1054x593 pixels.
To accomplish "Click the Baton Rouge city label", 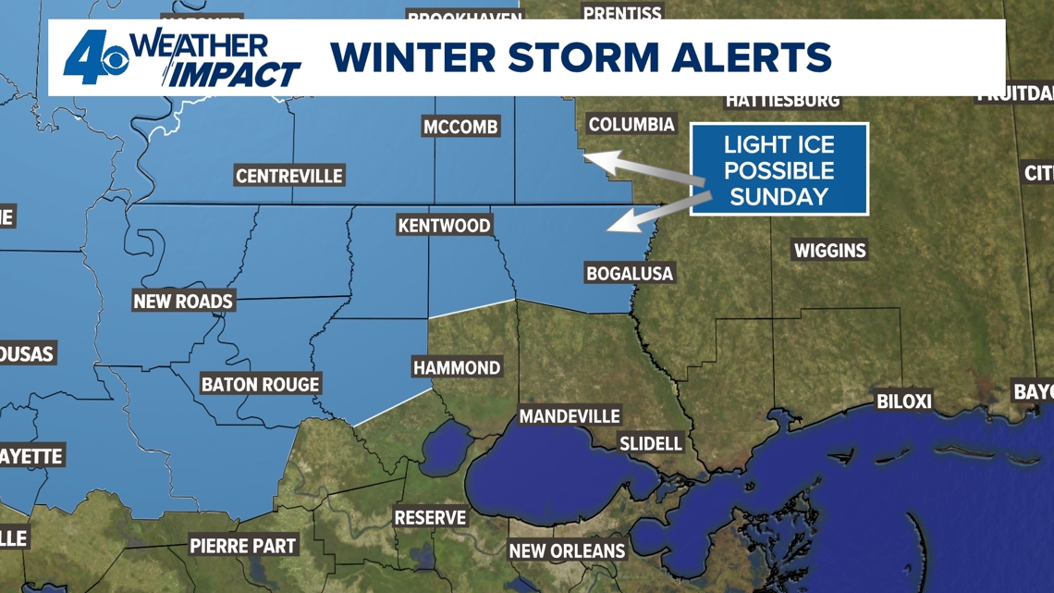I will (260, 384).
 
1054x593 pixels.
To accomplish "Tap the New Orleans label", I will (567, 550).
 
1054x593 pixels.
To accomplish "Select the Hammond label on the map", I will (457, 367).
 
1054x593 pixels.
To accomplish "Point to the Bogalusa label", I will (630, 273).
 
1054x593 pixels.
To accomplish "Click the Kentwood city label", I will (444, 225).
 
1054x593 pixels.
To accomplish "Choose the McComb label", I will (460, 127).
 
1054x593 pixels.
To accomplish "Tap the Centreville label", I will (288, 176).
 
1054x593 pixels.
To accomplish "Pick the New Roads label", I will (183, 301).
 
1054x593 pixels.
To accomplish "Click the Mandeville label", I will (569, 416).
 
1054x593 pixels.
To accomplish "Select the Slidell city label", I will (651, 443).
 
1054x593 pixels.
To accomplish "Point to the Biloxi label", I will (903, 402).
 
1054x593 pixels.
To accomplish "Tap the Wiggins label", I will (829, 250).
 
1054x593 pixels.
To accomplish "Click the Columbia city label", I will (631, 124).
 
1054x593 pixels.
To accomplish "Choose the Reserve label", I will (430, 517).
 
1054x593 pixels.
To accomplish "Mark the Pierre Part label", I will (243, 545).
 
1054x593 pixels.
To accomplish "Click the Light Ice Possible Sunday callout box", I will (778, 170).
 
